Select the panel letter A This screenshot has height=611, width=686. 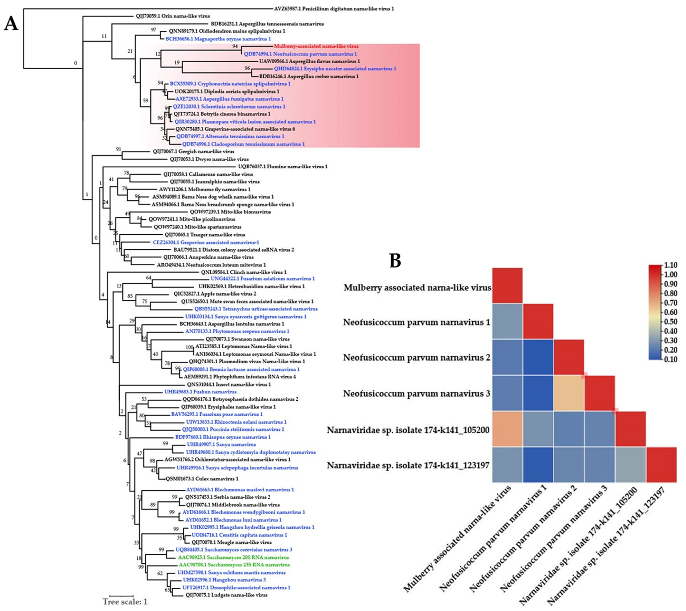(11, 24)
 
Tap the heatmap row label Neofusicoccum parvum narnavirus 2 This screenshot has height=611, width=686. (416, 358)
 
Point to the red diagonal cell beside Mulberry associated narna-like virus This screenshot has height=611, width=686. (507, 285)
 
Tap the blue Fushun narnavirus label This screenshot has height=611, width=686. (200, 392)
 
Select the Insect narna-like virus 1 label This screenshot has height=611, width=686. (229, 384)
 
